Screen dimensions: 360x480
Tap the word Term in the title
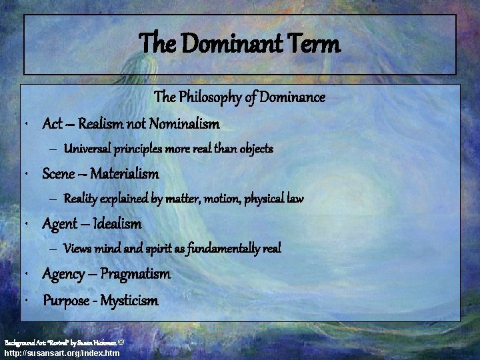(316, 45)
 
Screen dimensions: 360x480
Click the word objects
(253, 148)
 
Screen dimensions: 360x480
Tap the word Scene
(59, 174)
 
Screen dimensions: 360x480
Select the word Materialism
(125, 174)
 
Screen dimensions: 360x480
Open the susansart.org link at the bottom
(62, 353)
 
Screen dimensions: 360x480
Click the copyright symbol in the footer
(121, 341)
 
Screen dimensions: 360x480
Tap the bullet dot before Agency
(25, 275)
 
